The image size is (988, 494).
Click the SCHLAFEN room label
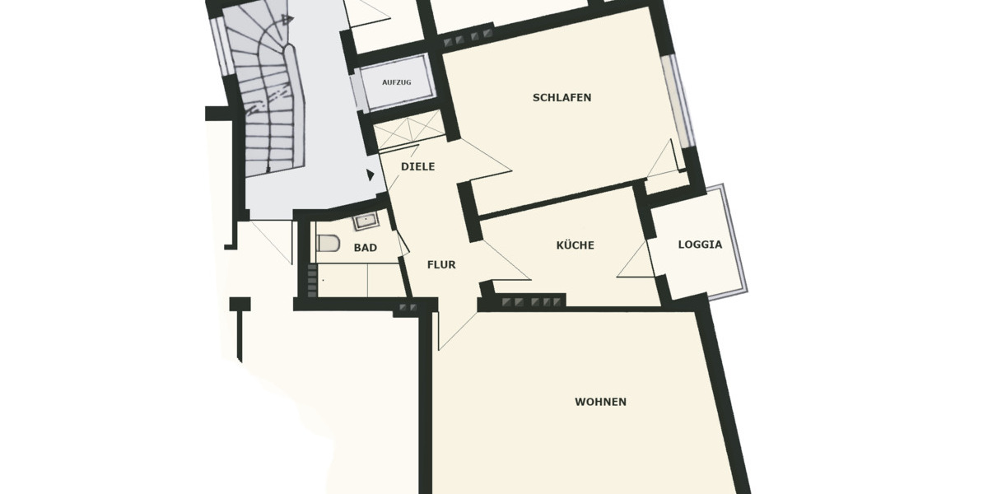pyautogui.click(x=562, y=97)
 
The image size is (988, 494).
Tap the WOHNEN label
pyautogui.click(x=600, y=402)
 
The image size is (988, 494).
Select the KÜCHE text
pyautogui.click(x=575, y=245)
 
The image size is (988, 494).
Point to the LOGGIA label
pyautogui.click(x=700, y=245)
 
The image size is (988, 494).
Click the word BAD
pyautogui.click(x=366, y=247)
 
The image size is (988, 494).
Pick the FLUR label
pyautogui.click(x=441, y=265)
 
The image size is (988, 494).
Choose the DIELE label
pyautogui.click(x=417, y=166)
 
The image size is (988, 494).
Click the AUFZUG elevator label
pyautogui.click(x=396, y=82)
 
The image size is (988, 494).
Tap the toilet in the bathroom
pyautogui.click(x=329, y=245)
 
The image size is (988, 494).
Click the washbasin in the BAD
pyautogui.click(x=364, y=220)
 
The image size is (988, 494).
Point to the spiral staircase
pyautogui.click(x=268, y=99)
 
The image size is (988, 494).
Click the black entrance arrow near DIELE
pyautogui.click(x=370, y=175)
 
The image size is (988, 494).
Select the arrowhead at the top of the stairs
pyautogui.click(x=285, y=19)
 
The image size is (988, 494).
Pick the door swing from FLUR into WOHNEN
pyautogui.click(x=454, y=325)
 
